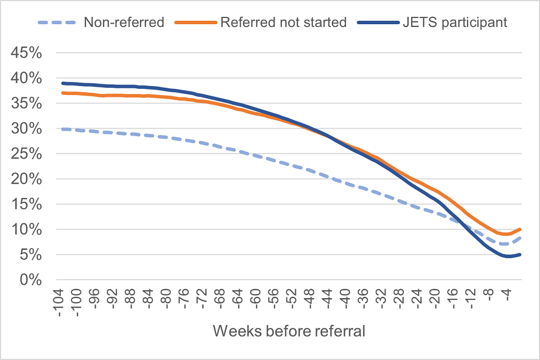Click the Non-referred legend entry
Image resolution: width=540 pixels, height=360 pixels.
click(x=123, y=22)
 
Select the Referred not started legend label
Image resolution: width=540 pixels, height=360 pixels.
click(x=283, y=22)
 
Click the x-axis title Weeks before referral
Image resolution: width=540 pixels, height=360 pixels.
click(x=289, y=331)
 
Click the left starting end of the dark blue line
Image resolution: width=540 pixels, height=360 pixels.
click(x=62, y=83)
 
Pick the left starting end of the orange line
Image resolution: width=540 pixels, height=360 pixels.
click(x=62, y=93)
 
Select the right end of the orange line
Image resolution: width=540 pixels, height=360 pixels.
click(x=521, y=229)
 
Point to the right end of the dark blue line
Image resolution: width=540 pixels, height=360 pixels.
click(x=521, y=254)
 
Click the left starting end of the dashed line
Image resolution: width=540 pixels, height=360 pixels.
click(x=62, y=129)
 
